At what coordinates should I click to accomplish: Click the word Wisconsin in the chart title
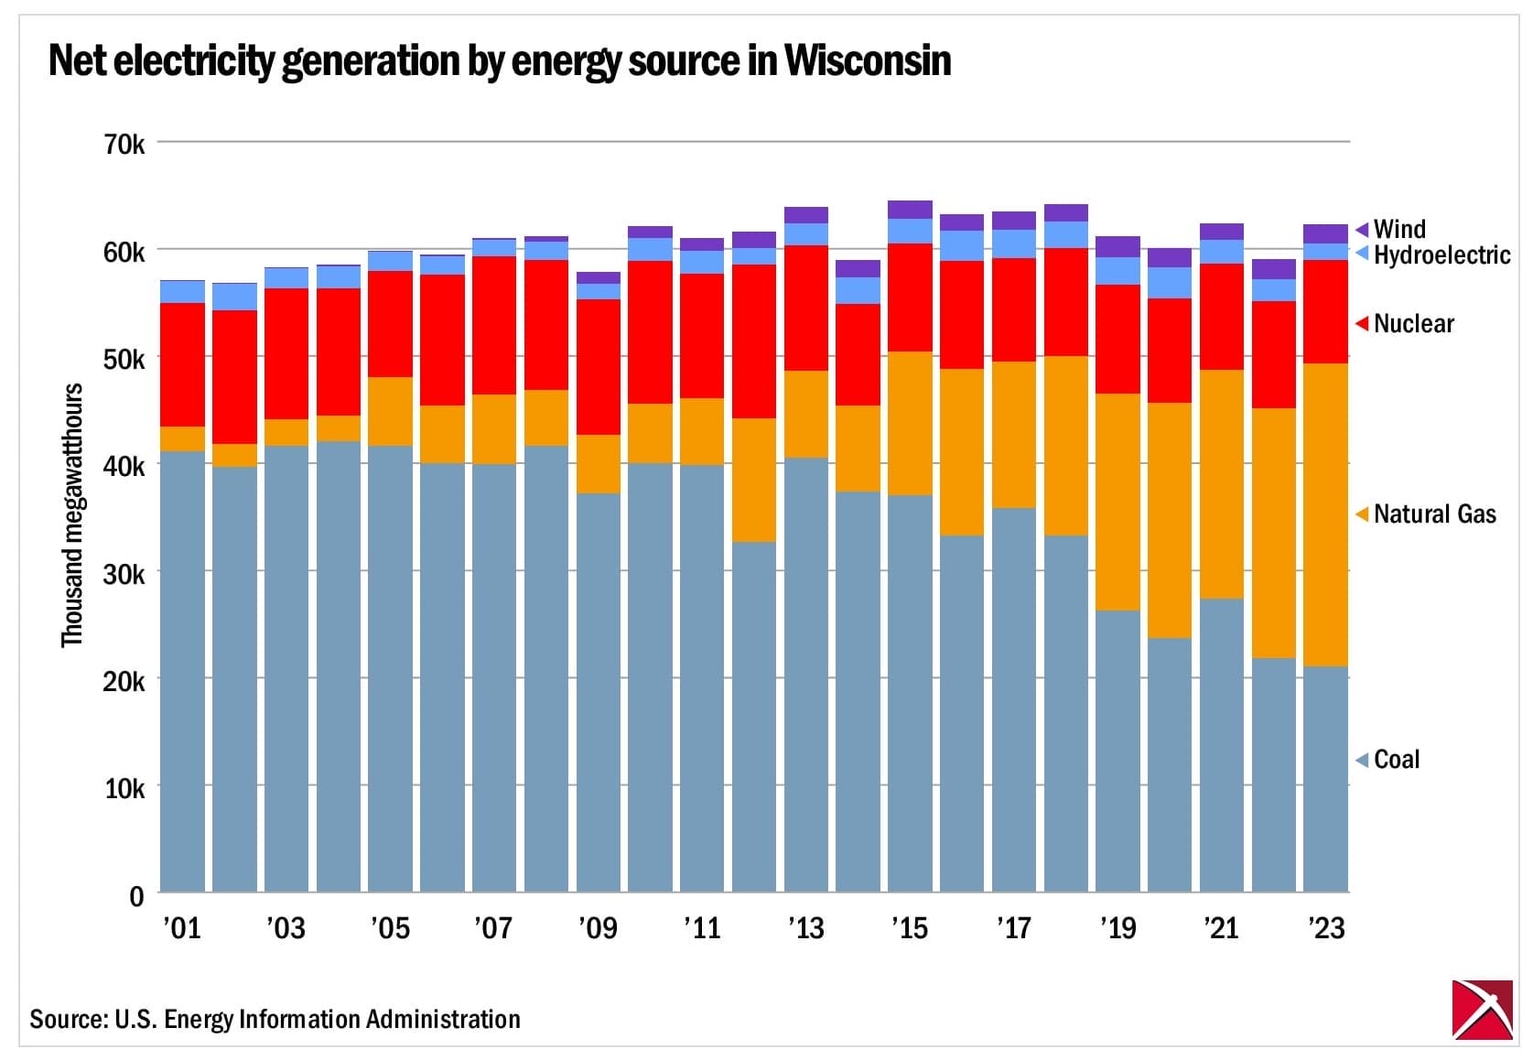[867, 61]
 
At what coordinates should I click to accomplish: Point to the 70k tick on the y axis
[124, 144]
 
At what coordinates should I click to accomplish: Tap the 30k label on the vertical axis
[124, 574]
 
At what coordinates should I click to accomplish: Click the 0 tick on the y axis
[136, 895]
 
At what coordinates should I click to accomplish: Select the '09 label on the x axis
[598, 928]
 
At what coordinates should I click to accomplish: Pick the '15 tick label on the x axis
[909, 928]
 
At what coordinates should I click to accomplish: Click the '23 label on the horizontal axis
[1324, 928]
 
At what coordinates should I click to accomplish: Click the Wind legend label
[1398, 229]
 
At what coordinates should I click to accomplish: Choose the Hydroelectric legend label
[1441, 254]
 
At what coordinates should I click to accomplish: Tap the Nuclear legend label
[1413, 323]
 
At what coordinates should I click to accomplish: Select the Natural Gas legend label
[1434, 514]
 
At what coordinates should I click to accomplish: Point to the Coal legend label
[1396, 759]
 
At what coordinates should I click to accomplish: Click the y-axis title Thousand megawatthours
[72, 514]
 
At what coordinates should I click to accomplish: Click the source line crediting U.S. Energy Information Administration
[275, 1019]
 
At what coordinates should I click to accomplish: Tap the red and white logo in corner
[1482, 1010]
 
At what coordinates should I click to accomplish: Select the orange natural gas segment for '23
[1325, 514]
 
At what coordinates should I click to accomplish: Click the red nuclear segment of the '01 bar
[182, 364]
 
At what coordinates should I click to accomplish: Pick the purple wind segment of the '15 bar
[910, 210]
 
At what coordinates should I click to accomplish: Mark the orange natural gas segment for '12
[754, 480]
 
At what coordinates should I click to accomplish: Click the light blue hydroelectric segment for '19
[1117, 271]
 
